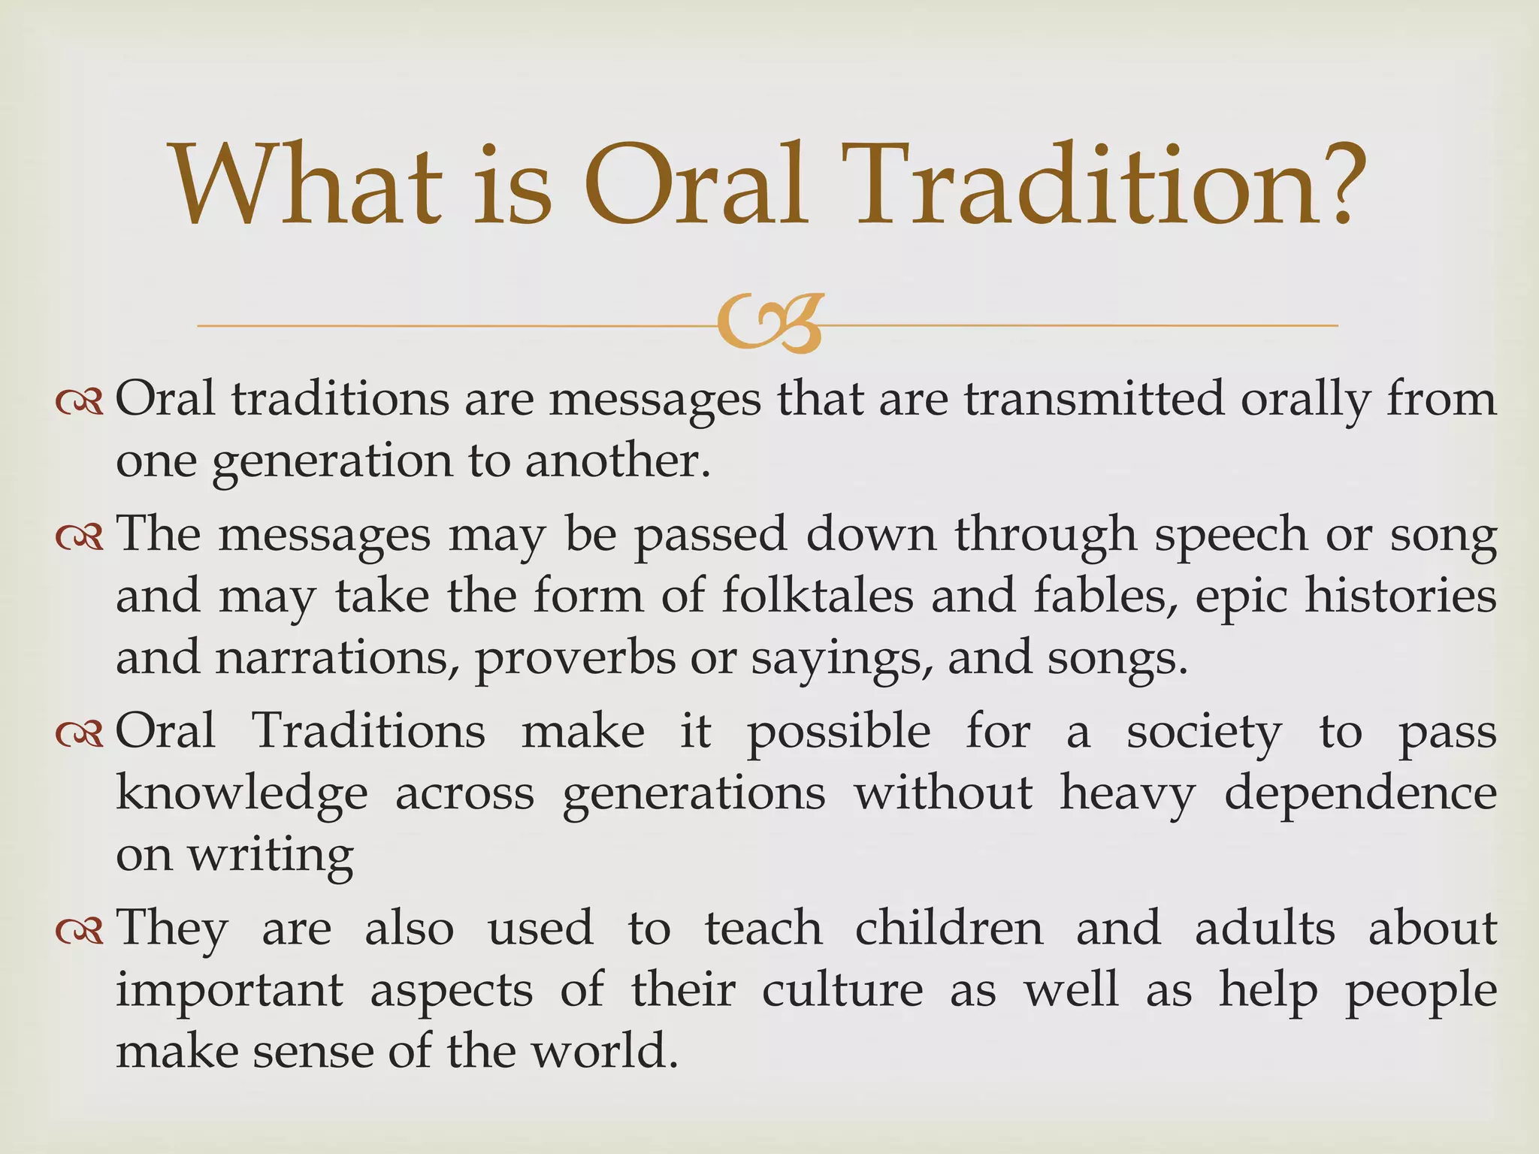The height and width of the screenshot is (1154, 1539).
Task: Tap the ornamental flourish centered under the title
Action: tap(769, 325)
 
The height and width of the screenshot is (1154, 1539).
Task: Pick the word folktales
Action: tap(818, 596)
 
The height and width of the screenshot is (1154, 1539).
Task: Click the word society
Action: tap(1203, 733)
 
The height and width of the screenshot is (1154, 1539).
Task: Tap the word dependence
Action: tap(1360, 793)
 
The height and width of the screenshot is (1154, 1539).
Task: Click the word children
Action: tap(949, 929)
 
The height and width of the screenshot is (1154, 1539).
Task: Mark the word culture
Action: tap(842, 990)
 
